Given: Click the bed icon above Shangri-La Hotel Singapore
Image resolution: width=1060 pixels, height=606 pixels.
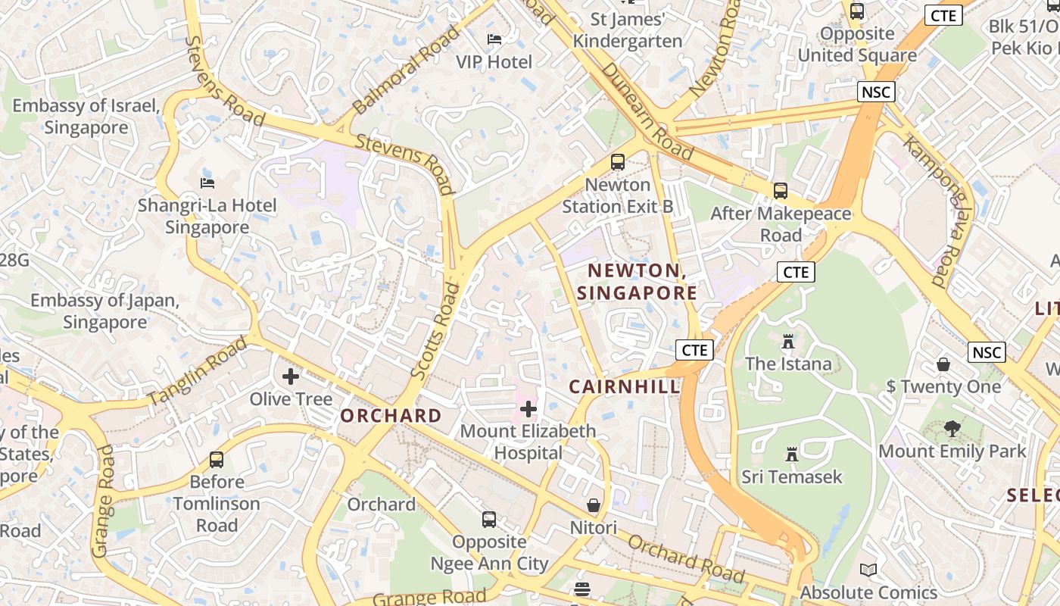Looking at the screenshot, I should pos(207,183).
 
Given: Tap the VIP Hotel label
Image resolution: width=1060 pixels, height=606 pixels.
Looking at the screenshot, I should pos(494,61).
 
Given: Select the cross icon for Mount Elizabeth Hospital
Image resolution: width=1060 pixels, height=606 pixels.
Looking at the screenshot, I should pos(528,410).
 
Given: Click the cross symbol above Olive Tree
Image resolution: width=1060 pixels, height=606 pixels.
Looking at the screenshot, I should pos(291,376).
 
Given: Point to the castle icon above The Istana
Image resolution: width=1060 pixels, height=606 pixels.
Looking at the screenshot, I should pos(788,342).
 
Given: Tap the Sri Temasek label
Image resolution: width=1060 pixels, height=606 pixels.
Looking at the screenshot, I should pos(792,476).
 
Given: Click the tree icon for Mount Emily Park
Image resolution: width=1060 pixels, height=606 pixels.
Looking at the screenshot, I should pos(952,429).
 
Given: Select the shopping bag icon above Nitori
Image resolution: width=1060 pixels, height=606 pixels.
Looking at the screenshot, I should pos(594,505).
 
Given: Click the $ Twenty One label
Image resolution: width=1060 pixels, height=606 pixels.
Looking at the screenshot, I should pos(943,386).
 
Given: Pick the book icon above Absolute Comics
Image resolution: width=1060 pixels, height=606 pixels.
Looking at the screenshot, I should pos(868,570).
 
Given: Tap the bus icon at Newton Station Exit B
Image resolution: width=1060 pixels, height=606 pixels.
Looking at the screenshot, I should pos(618,162).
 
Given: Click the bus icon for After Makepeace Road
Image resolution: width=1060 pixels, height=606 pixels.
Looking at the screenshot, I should pos(781,191).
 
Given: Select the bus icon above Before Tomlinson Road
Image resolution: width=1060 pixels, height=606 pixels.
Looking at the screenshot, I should pos(217,460).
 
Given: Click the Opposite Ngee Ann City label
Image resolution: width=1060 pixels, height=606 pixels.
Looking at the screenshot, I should pos(489,552).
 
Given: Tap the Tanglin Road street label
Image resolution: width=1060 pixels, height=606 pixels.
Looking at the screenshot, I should pos(198,370).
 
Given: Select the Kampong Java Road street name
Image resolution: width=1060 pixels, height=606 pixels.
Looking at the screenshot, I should pos(935,211).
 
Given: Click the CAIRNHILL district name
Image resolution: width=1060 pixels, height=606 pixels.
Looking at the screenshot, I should pos(625,386).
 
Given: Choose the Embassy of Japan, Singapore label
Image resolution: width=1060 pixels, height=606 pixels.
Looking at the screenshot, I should pos(104,311).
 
